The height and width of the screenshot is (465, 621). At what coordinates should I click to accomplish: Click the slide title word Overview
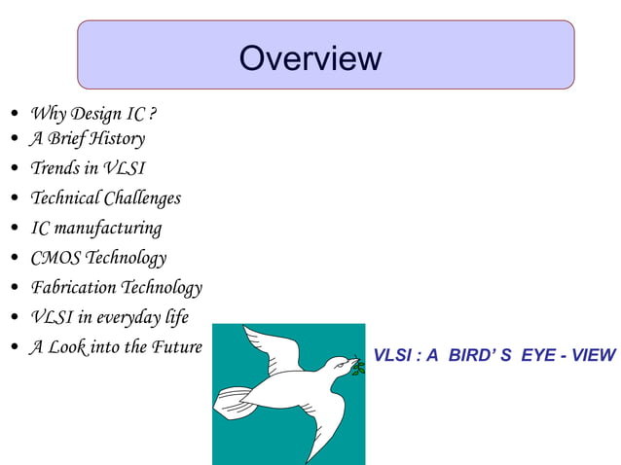click(x=310, y=58)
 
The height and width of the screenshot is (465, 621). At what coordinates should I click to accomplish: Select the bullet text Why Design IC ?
click(x=92, y=114)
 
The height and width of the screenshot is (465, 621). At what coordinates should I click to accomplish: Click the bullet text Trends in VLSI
click(x=88, y=168)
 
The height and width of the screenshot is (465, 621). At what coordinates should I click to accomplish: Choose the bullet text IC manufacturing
click(x=95, y=229)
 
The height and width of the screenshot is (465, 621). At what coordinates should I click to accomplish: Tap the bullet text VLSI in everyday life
click(x=109, y=317)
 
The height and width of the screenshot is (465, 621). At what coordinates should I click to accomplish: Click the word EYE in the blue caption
click(x=541, y=355)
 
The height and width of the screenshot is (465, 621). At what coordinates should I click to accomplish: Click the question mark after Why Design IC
click(x=152, y=114)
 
